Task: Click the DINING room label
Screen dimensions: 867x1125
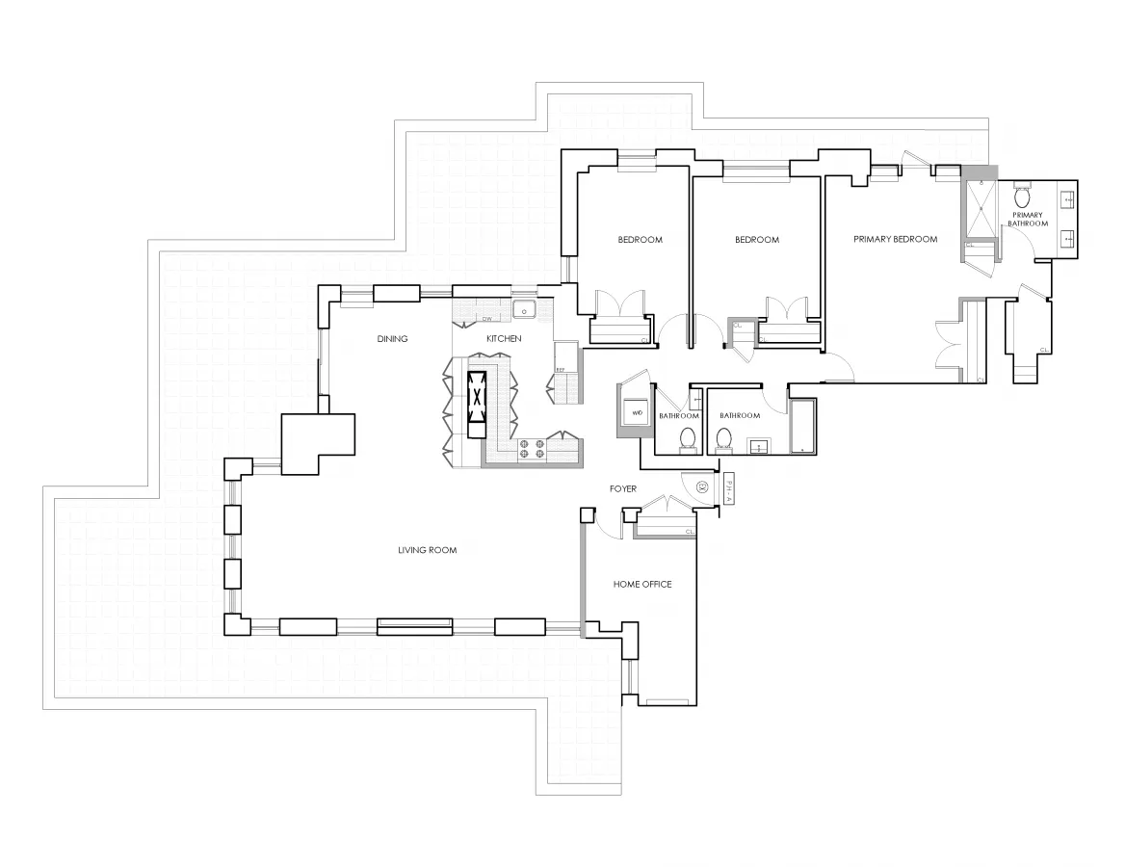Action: point(393,339)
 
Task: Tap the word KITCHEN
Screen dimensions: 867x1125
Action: point(504,339)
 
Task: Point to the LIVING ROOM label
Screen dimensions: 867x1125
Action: point(427,551)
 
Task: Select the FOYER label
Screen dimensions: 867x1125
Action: point(623,489)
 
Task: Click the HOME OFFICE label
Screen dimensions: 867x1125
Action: point(642,585)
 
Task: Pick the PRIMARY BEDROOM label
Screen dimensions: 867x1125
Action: point(895,240)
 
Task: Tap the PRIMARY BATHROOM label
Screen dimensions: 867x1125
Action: point(1028,220)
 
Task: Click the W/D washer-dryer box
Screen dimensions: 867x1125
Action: point(637,412)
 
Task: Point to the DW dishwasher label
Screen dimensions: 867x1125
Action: point(487,319)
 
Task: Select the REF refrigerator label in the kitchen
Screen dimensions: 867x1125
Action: point(560,369)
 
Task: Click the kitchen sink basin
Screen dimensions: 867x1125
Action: point(525,310)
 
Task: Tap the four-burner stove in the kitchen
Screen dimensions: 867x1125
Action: point(533,448)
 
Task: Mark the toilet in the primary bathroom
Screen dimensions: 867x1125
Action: point(1022,197)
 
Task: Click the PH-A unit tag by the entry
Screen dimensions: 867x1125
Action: point(729,490)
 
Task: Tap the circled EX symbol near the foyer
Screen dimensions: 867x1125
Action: point(702,488)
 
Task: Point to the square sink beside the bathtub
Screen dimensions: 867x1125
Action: point(758,446)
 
